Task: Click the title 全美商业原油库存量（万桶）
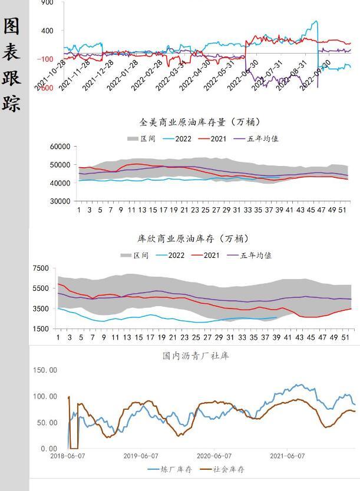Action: point(194,122)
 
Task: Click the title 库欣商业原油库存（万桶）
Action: point(193,239)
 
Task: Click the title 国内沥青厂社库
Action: point(196,356)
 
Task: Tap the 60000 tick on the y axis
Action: point(60,147)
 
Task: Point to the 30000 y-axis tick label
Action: point(60,201)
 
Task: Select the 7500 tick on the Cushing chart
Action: point(41,268)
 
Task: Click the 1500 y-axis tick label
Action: point(41,329)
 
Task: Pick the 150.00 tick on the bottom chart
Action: point(45,370)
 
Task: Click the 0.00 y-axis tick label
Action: point(49,449)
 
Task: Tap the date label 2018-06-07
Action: point(69,456)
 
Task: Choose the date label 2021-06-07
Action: point(287,456)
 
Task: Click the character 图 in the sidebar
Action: point(12,26)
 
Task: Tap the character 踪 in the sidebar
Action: point(12,102)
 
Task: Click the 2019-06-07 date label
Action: point(141,456)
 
